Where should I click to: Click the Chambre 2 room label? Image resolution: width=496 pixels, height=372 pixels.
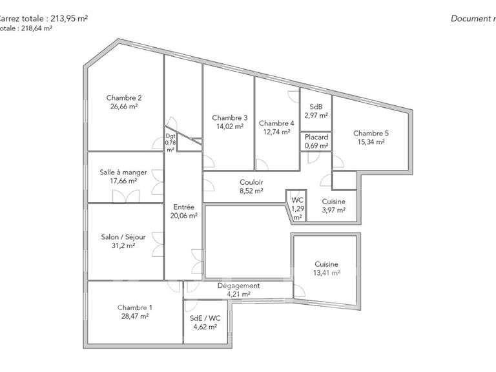(x=123, y=98)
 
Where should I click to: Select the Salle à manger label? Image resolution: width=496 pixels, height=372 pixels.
(x=123, y=172)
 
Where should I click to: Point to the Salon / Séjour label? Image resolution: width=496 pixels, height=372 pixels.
(x=123, y=237)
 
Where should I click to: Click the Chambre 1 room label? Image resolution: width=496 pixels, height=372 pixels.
(x=136, y=307)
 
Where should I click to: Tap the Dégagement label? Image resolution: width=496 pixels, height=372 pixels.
(x=238, y=285)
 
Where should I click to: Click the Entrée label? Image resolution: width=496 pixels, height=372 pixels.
(x=184, y=207)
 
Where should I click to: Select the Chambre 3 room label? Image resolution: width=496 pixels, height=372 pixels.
(x=229, y=118)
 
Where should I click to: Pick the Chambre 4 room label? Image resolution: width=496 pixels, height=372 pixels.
(x=276, y=123)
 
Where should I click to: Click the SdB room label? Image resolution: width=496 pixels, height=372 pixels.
(x=316, y=107)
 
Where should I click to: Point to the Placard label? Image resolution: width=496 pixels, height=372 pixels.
(x=316, y=137)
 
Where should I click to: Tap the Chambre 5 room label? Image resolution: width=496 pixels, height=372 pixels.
(x=371, y=134)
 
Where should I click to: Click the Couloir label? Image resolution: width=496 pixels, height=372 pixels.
(x=251, y=182)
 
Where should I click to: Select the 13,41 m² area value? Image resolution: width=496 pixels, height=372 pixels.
(x=326, y=273)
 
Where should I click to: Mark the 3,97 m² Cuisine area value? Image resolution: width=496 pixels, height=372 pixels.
(x=333, y=211)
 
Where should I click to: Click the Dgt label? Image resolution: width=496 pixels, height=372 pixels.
(x=170, y=136)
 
